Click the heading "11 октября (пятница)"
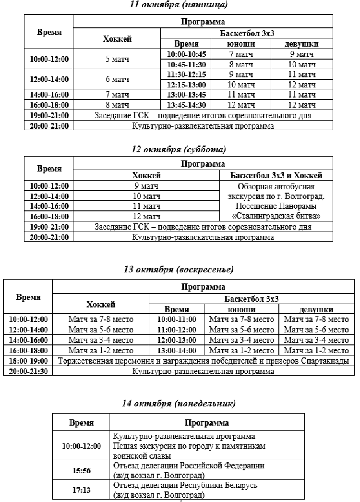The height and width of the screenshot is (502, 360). point(180,5)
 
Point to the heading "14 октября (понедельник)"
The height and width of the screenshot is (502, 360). point(180,403)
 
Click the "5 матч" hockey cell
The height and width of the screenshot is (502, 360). point(117,60)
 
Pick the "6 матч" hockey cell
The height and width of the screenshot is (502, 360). point(117,79)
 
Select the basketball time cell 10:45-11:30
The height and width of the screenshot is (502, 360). point(186,64)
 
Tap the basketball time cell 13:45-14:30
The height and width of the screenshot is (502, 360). point(186,105)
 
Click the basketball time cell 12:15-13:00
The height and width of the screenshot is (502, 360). point(186,85)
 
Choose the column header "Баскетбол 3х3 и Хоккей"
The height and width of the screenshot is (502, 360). point(276,176)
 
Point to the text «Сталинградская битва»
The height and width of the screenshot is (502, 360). point(276,216)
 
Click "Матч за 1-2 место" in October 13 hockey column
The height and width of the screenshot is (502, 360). point(101,351)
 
